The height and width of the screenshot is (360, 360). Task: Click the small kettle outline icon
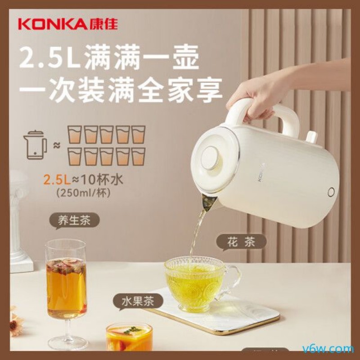click(x=35, y=144)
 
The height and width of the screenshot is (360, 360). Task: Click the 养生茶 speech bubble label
click(x=74, y=221)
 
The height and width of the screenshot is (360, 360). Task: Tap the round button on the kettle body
click(x=331, y=192)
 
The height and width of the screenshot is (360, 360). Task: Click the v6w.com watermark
click(x=335, y=349)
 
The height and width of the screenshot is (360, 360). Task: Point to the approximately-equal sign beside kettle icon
click(x=57, y=145)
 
